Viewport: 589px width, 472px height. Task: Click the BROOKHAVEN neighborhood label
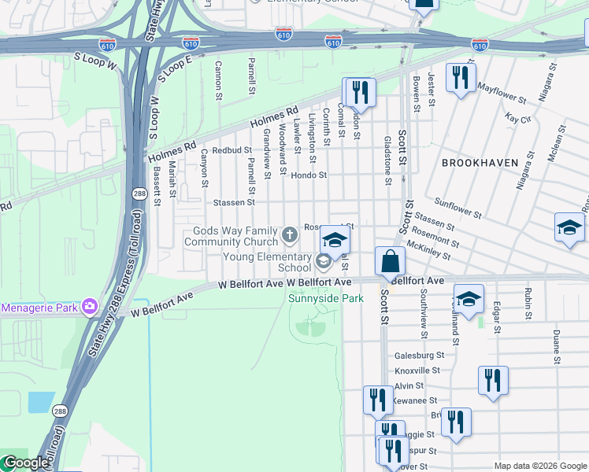click(x=480, y=163)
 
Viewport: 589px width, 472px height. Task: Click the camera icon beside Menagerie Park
click(x=89, y=306)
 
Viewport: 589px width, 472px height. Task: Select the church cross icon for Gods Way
click(x=290, y=234)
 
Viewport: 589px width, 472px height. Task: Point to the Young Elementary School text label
click(x=267, y=262)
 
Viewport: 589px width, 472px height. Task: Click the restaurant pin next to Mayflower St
click(x=460, y=78)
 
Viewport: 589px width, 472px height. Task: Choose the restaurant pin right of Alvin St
click(x=492, y=381)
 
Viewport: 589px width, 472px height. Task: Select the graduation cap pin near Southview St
click(x=469, y=299)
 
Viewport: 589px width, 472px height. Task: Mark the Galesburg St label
click(x=419, y=356)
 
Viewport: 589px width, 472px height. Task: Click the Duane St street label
click(x=556, y=347)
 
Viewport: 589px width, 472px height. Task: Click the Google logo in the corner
click(x=25, y=463)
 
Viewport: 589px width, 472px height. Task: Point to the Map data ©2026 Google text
click(x=539, y=466)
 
